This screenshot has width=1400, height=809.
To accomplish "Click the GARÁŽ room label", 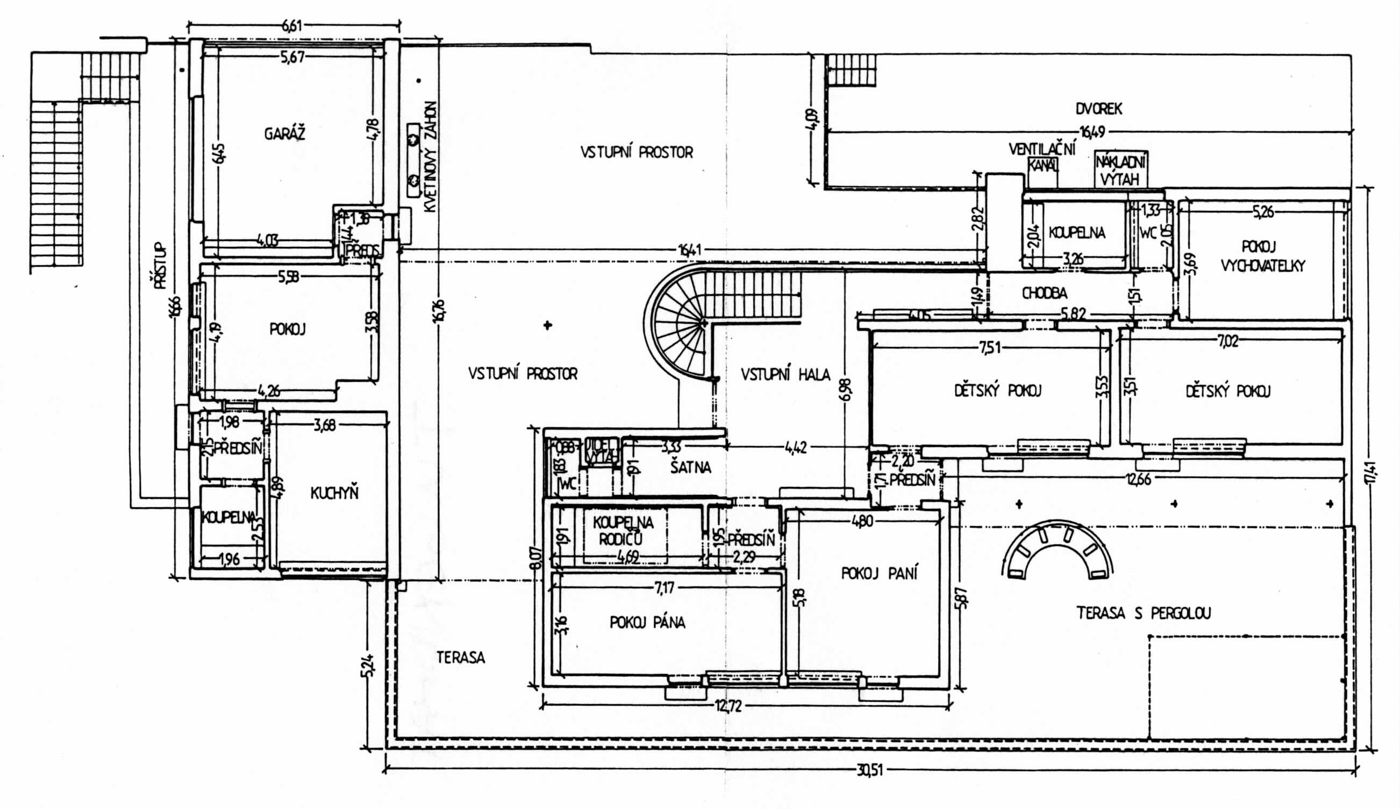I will click(x=284, y=134).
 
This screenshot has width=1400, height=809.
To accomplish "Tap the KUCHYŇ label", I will click(x=334, y=493).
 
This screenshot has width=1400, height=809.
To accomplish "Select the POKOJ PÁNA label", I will click(x=647, y=622).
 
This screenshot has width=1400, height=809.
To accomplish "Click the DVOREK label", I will click(x=1098, y=109).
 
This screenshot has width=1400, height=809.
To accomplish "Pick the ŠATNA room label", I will click(x=690, y=467).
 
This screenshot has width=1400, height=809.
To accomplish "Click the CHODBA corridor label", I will click(x=1044, y=293).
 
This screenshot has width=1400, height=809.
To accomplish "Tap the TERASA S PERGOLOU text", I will click(x=1144, y=613).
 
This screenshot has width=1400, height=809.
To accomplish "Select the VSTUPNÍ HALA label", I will click(x=785, y=375).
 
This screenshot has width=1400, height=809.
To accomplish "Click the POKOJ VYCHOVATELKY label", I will click(x=1262, y=256).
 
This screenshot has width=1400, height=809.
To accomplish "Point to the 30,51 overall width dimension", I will click(x=869, y=771).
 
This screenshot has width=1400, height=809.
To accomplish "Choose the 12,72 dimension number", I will click(x=728, y=706).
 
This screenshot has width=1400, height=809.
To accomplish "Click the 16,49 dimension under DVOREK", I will click(x=1092, y=132).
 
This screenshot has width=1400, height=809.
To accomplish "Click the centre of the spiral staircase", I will click(x=704, y=323).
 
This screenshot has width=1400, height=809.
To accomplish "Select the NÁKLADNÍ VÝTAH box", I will click(x=1120, y=170).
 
